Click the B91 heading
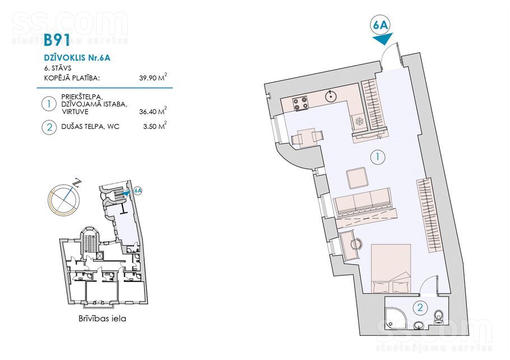(x=57, y=40)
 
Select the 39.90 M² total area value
(x=153, y=77)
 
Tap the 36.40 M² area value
(x=153, y=111)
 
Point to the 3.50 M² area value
(x=155, y=126)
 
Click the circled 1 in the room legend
(x=49, y=104)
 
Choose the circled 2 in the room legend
(x=49, y=127)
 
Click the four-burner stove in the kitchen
(x=300, y=104)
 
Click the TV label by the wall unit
(x=379, y=137)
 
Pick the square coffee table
(x=357, y=178)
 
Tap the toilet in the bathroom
(x=439, y=316)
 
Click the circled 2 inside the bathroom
(x=420, y=307)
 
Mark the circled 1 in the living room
(x=377, y=157)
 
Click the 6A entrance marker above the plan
(x=381, y=25)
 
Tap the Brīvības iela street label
(x=102, y=319)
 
